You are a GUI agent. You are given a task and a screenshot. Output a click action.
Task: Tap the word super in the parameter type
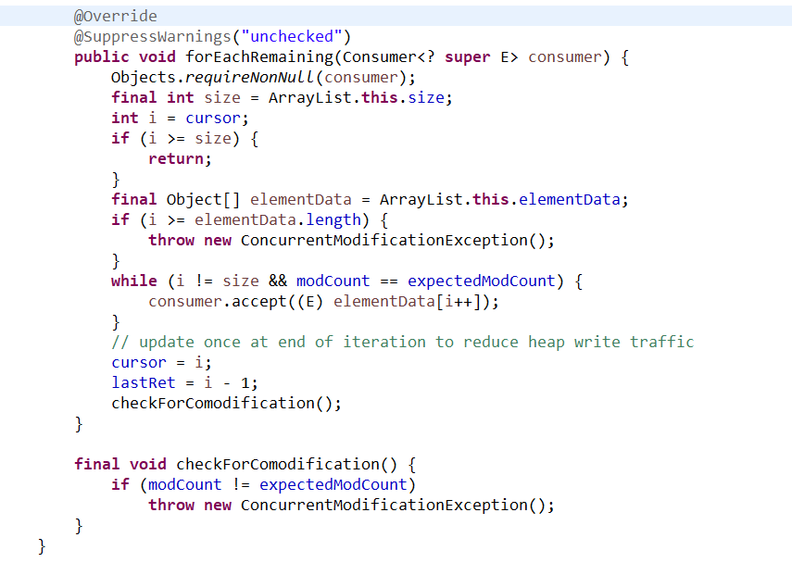coord(468,57)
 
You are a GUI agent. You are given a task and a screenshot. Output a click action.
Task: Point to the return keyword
coord(177,159)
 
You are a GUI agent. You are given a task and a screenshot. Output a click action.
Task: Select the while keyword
coord(134,281)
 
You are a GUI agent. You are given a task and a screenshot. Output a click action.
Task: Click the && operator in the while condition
coord(277,281)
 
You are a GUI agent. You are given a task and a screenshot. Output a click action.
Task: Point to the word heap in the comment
coord(546,343)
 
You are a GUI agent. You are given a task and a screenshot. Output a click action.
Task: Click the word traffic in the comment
coord(661,343)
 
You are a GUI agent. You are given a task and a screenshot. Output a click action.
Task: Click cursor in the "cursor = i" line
coord(139,363)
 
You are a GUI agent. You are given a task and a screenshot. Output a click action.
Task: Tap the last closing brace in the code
coord(42,546)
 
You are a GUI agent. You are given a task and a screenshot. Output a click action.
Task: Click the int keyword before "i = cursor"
coord(124,119)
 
